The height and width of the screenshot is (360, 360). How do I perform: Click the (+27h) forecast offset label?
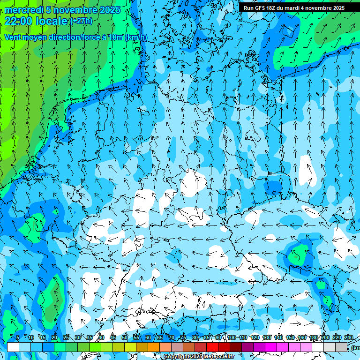pyautogui.click(x=81, y=21)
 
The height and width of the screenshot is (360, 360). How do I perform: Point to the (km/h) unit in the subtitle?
pyautogui.click(x=136, y=37)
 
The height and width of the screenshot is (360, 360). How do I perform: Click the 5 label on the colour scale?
pyautogui.click(x=17, y=337)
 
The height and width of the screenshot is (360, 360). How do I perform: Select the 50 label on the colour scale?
pyautogui.click(x=125, y=337)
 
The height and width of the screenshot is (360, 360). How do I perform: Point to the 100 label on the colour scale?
pyautogui.click(x=232, y=337)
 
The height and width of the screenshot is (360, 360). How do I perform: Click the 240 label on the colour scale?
pyautogui.click(x=348, y=337)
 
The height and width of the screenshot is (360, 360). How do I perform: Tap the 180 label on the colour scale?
pyautogui.click(x=313, y=337)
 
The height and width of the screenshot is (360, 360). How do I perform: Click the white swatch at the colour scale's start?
pyautogui.click(x=13, y=347)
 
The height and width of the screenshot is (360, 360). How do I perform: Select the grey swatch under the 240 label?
pyautogui.click(x=341, y=347)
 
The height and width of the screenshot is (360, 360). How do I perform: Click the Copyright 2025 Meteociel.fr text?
pyautogui.click(x=199, y=357)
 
